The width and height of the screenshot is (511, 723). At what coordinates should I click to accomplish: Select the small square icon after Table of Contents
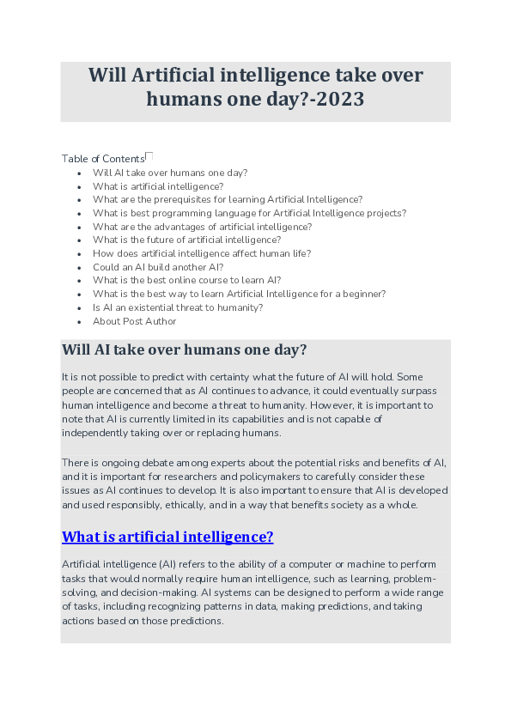(149, 156)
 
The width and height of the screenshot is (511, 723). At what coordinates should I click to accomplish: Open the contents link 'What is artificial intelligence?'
(158, 185)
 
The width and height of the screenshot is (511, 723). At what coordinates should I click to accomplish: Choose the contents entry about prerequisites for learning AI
(228, 199)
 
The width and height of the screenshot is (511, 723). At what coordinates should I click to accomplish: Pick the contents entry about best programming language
(249, 213)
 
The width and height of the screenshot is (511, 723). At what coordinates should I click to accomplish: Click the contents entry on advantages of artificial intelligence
(202, 227)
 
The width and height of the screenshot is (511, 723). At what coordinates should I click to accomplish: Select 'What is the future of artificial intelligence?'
(186, 240)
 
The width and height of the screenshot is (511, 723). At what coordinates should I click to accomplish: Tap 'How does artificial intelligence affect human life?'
(202, 253)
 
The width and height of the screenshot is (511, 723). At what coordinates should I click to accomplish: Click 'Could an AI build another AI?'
(158, 267)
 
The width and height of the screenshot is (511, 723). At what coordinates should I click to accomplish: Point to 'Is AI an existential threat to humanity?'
(178, 307)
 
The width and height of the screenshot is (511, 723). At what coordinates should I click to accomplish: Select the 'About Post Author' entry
(135, 321)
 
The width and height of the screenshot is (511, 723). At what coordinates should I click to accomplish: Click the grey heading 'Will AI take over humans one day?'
(184, 350)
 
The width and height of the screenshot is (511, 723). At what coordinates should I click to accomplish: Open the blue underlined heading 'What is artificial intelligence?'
(167, 537)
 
